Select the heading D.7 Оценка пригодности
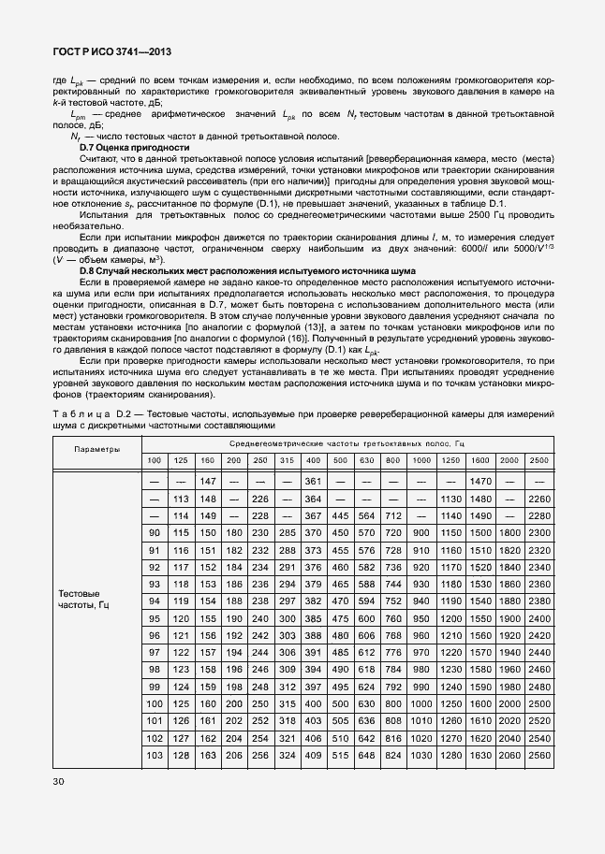click(x=134, y=149)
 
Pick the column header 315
click(x=288, y=460)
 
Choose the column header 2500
click(x=539, y=460)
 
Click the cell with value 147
click(x=207, y=481)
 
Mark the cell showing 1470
click(x=480, y=481)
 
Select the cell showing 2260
click(x=539, y=499)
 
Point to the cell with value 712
click(x=393, y=515)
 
